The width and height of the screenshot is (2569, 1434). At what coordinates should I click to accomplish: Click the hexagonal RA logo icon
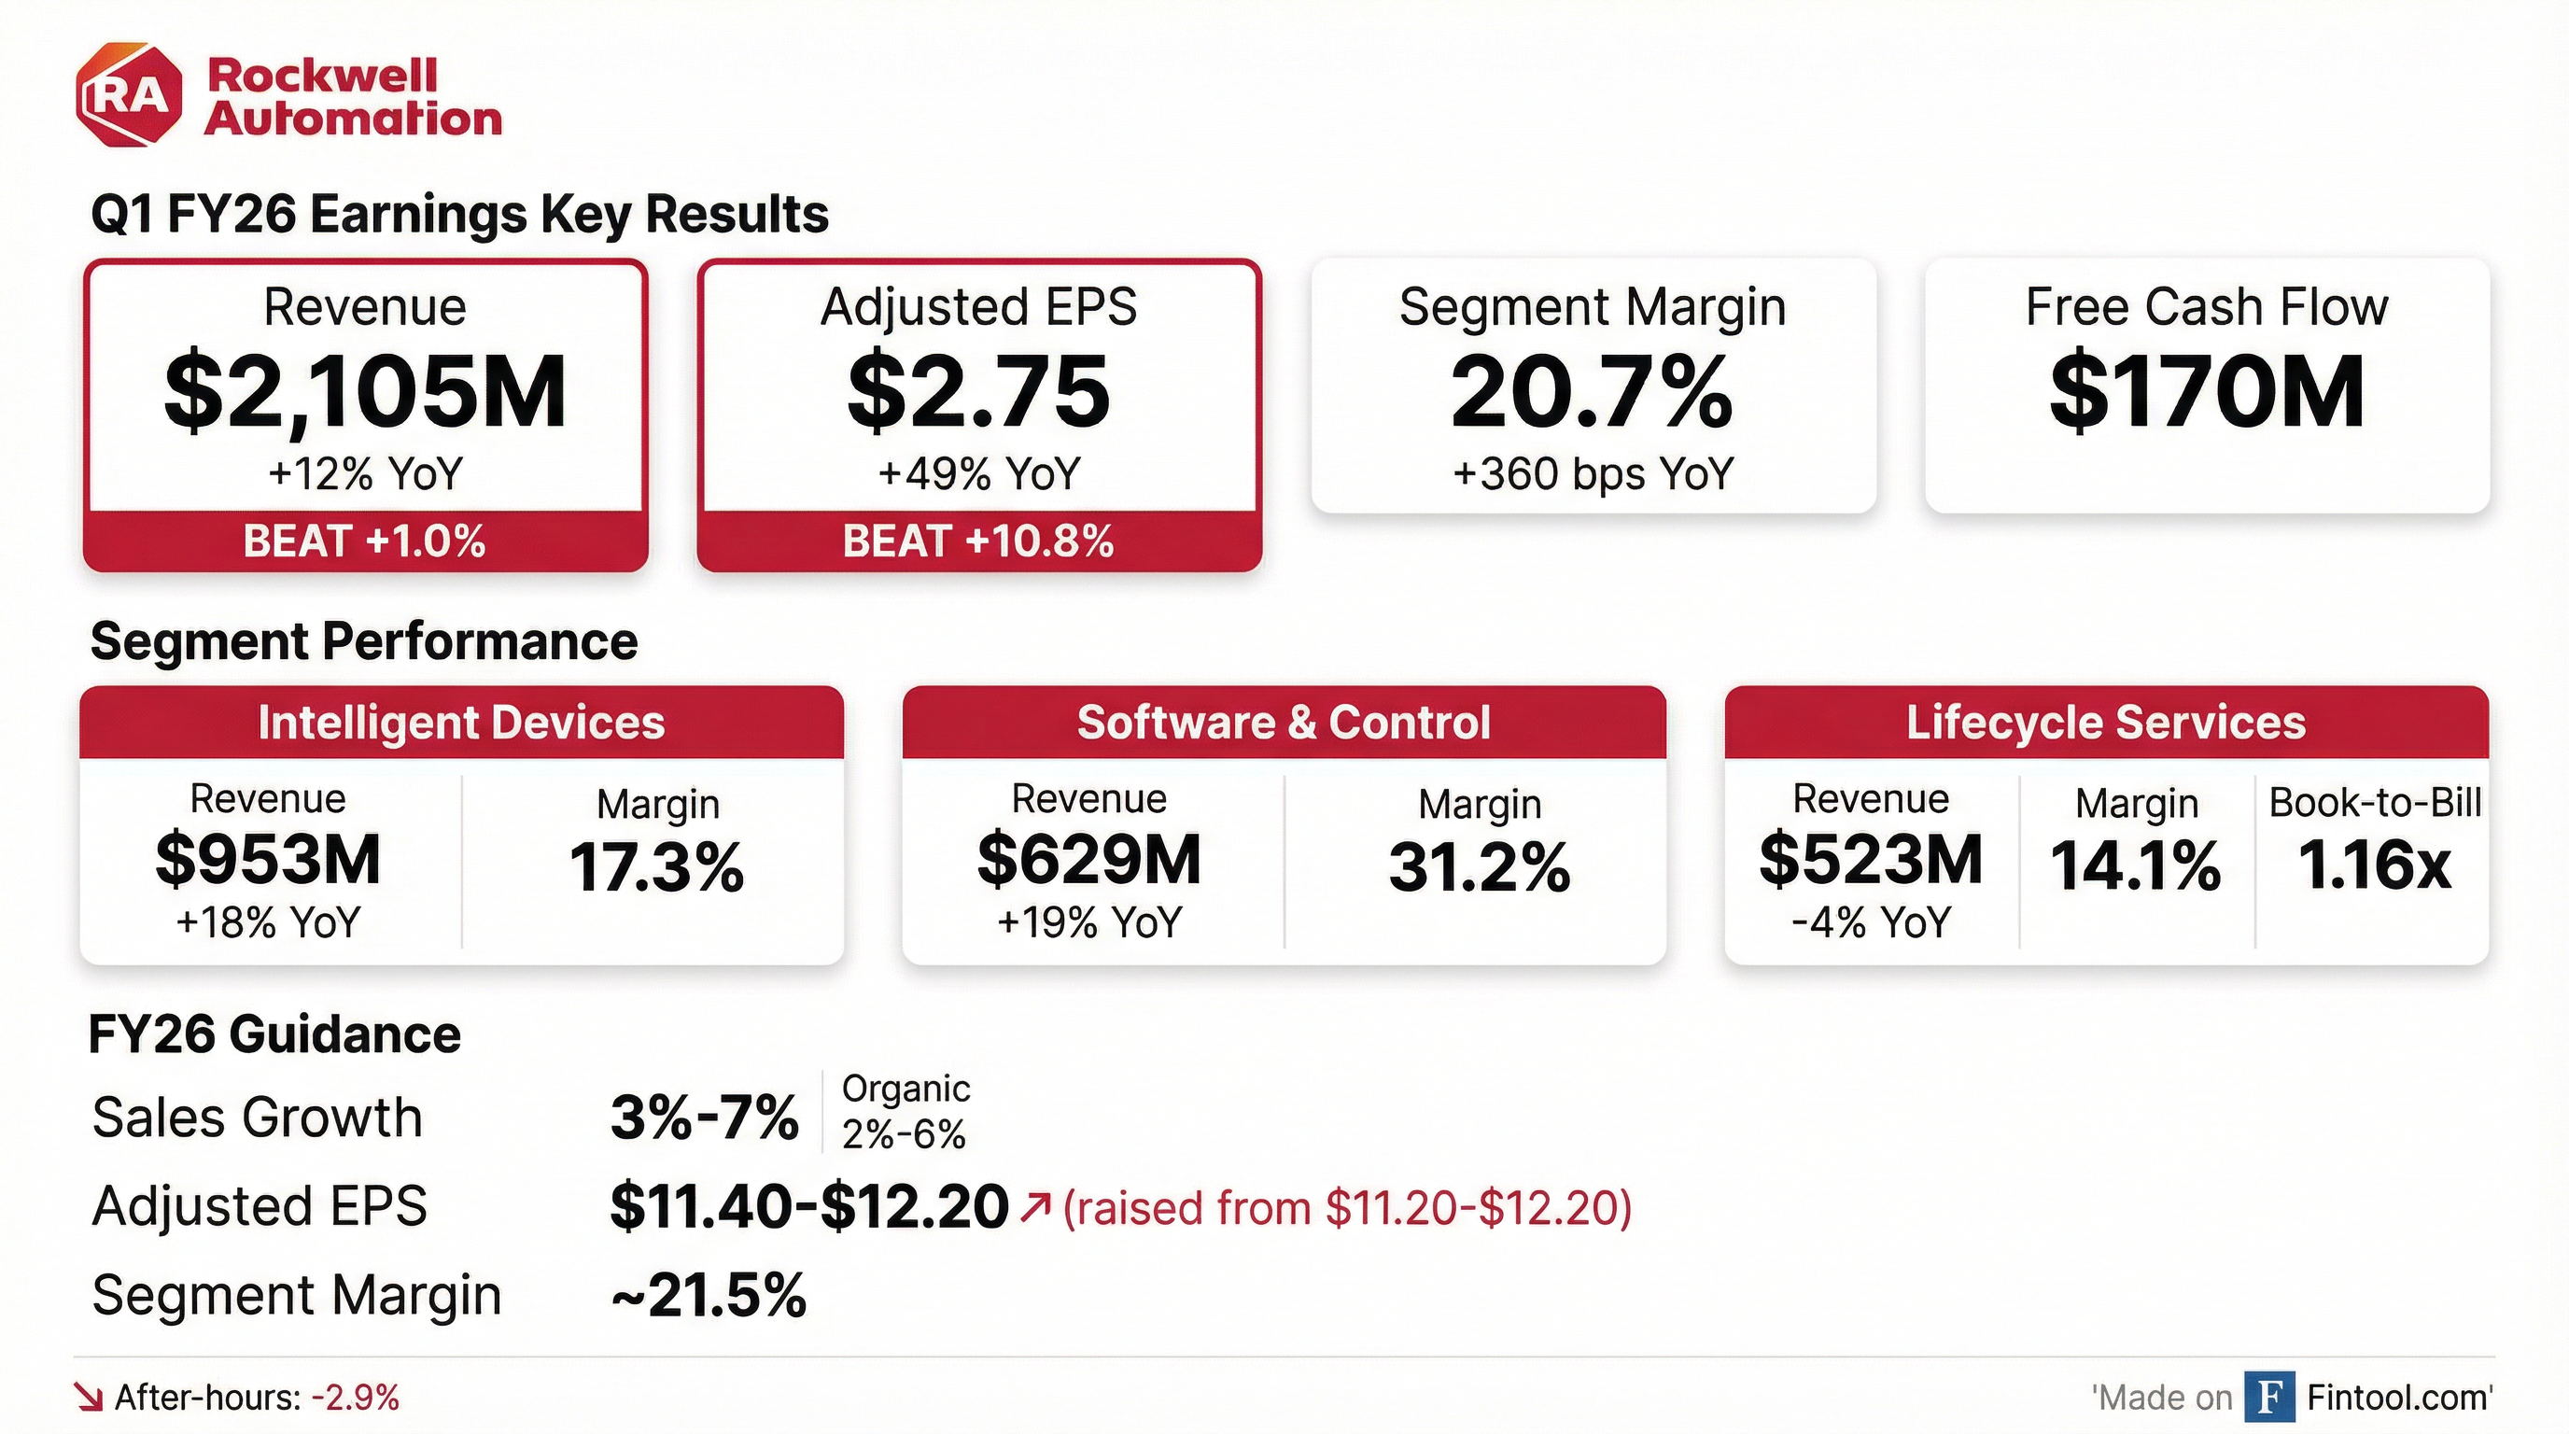coord(130,94)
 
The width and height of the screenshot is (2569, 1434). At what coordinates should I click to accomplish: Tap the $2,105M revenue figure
coord(365,392)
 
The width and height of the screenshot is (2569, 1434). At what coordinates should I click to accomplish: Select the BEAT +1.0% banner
coord(365,541)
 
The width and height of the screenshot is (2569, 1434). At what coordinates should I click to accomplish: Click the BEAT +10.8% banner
coord(978,541)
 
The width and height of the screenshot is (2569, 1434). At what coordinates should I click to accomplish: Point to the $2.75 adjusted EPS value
coord(978,392)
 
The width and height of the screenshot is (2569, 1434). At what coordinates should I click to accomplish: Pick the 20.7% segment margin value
coord(1592,392)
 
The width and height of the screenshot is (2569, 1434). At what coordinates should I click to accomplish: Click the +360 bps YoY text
coord(1593,473)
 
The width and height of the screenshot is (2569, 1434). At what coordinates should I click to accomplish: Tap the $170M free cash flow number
coord(2207,392)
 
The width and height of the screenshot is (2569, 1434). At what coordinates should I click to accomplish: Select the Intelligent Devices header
coord(461,723)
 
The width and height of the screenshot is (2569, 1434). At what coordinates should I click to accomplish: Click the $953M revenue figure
coord(268,860)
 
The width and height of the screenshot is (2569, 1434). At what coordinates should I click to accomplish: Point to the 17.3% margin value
coord(656,867)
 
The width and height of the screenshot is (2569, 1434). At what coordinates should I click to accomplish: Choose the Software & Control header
coord(1284,723)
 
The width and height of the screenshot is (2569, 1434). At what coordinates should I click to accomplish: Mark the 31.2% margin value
coord(1479,867)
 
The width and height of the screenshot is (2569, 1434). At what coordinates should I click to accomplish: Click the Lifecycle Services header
coord(2106,723)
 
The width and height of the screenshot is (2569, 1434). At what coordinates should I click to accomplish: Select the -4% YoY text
coord(1871,922)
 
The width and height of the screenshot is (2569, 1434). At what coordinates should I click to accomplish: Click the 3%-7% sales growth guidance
coord(704,1117)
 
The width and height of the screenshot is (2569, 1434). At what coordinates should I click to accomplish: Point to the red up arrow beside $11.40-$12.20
coord(1035,1208)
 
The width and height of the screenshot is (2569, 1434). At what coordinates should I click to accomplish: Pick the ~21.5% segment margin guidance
coord(709,1296)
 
